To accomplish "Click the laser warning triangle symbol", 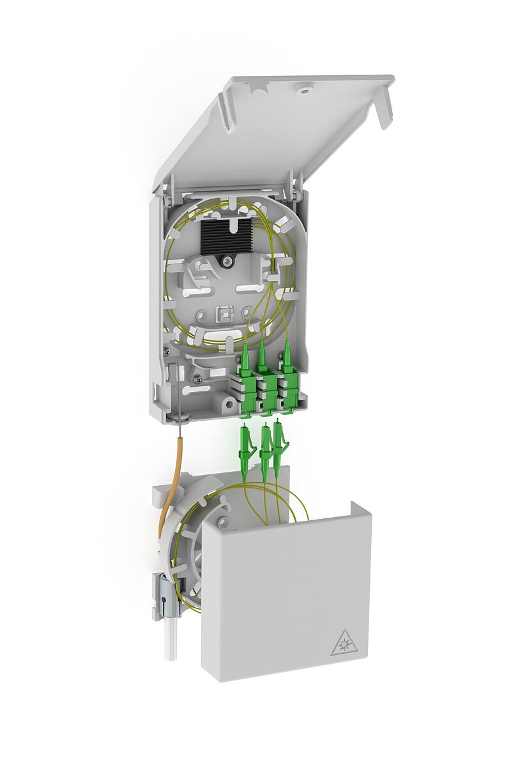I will pos(344,642).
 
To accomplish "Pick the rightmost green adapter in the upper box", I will pos(289,383).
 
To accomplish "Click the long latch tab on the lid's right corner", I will pos(383,105).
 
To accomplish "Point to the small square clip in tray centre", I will pos(224,313).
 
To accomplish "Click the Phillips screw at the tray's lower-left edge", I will pos(168,350).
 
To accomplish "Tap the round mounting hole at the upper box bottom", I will pos(225,404).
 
